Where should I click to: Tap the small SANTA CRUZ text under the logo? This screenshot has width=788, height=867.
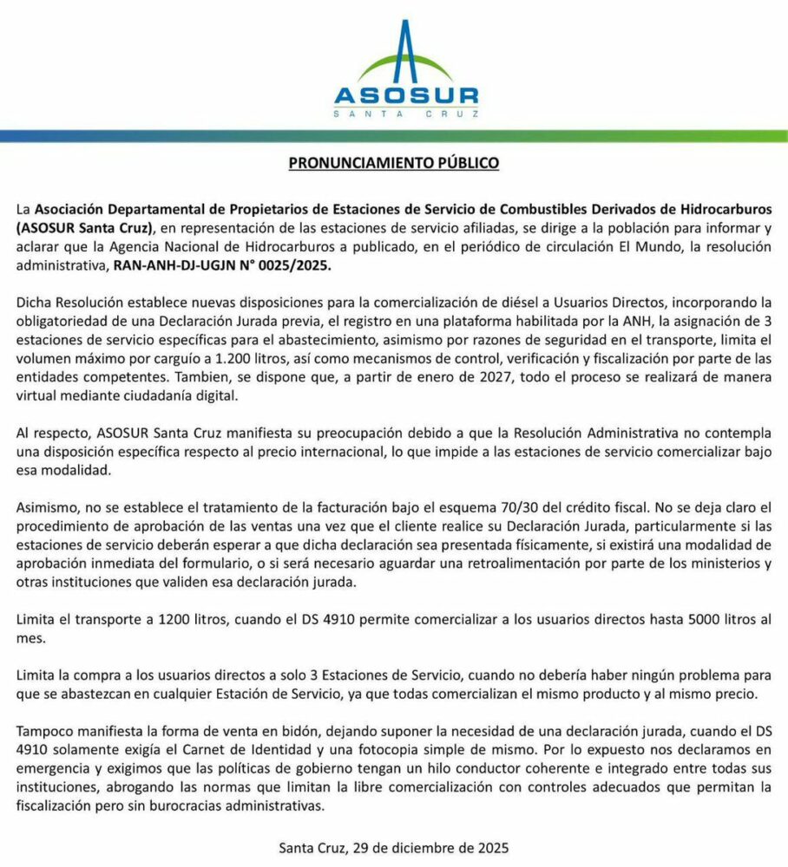pyautogui.click(x=406, y=113)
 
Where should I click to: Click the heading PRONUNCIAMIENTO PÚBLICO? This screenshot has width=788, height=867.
pyautogui.click(x=394, y=162)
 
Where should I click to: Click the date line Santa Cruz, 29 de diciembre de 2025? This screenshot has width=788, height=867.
pyautogui.click(x=393, y=847)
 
